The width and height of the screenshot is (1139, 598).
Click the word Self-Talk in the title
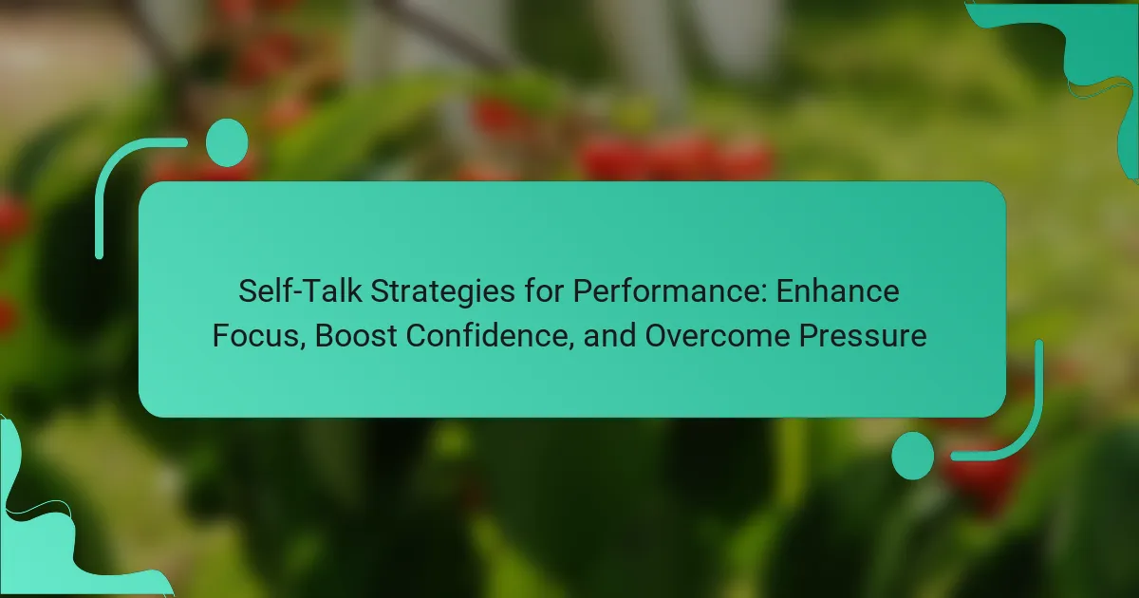click(300, 291)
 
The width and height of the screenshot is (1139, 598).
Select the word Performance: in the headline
click(670, 291)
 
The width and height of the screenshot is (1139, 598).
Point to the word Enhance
click(837, 291)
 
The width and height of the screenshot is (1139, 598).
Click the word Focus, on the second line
click(259, 336)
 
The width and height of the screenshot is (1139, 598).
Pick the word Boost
click(356, 336)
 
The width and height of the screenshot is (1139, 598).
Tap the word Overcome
click(718, 336)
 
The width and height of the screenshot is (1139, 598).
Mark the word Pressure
click(863, 336)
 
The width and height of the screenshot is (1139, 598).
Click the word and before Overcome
click(609, 336)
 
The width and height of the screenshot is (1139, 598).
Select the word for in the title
click(544, 291)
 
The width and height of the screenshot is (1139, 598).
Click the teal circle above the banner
click(227, 143)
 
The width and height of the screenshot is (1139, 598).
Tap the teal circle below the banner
click(913, 456)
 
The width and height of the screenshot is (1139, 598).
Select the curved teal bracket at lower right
click(1028, 432)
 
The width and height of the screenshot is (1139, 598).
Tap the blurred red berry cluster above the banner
click(676, 155)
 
